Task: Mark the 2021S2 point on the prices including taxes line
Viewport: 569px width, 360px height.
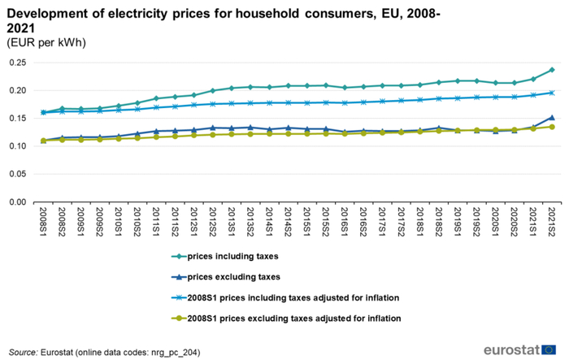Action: pos(551,70)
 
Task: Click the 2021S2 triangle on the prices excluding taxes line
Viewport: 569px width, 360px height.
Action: pos(551,118)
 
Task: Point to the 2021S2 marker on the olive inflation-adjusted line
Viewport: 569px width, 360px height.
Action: pos(551,127)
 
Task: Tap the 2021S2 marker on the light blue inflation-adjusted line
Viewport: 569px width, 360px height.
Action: pos(551,93)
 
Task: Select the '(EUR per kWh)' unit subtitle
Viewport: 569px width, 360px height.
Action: pos(46,42)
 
